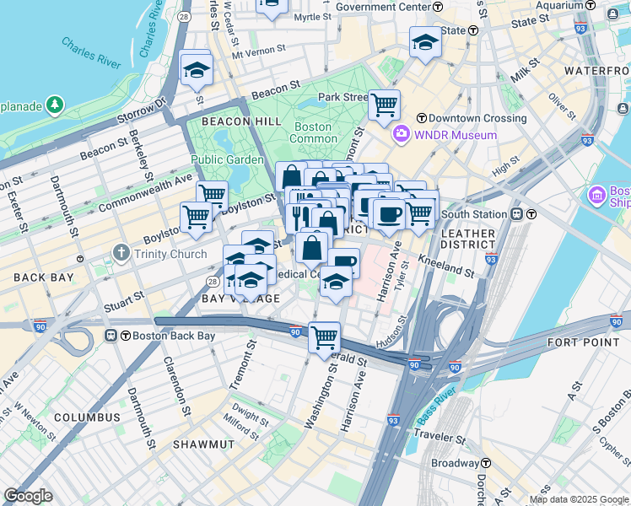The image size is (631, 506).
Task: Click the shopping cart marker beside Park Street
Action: coord(384,105)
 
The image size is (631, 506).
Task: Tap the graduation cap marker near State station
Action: coord(425,42)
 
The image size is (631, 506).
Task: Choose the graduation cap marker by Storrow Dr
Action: coord(197,70)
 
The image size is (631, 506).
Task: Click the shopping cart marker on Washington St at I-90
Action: coord(324,337)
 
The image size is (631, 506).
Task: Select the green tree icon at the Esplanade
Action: coord(55,105)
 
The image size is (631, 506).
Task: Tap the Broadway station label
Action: coord(455,463)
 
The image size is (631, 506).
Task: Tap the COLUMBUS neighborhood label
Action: coord(88,417)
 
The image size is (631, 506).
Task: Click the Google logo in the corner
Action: coord(28,495)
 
